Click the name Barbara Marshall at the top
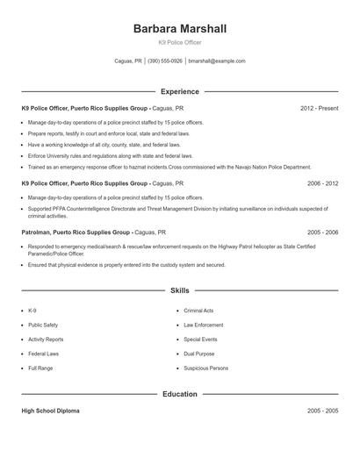179,29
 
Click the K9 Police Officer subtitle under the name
179,42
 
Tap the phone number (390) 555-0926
165,61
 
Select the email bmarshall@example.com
217,61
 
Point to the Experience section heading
179,91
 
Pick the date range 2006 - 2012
322,183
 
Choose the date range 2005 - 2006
322,232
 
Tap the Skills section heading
179,290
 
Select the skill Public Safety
43,325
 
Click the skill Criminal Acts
198,311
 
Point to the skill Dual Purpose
198,354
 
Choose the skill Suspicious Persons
205,368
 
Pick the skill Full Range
40,368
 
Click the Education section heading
179,394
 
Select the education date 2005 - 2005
322,411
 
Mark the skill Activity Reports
46,339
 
